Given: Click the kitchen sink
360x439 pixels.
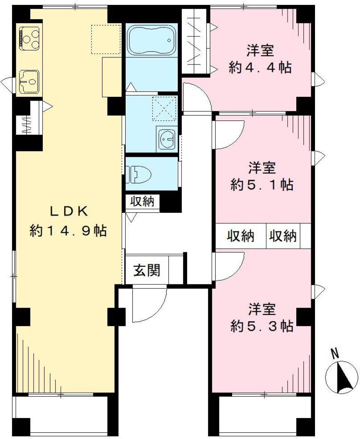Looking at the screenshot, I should point(29,80).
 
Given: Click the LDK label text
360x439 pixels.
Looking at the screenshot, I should point(69,212).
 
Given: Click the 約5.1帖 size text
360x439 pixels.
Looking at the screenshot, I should point(262,185).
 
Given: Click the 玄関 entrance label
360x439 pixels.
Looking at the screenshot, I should point(147,270).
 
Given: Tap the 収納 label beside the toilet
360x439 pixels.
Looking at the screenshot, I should point(142,201).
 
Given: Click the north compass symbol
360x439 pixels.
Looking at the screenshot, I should point(339,377).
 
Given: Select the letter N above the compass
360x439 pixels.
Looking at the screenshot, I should point(335,353).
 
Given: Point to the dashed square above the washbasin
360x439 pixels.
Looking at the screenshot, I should point(164,108).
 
